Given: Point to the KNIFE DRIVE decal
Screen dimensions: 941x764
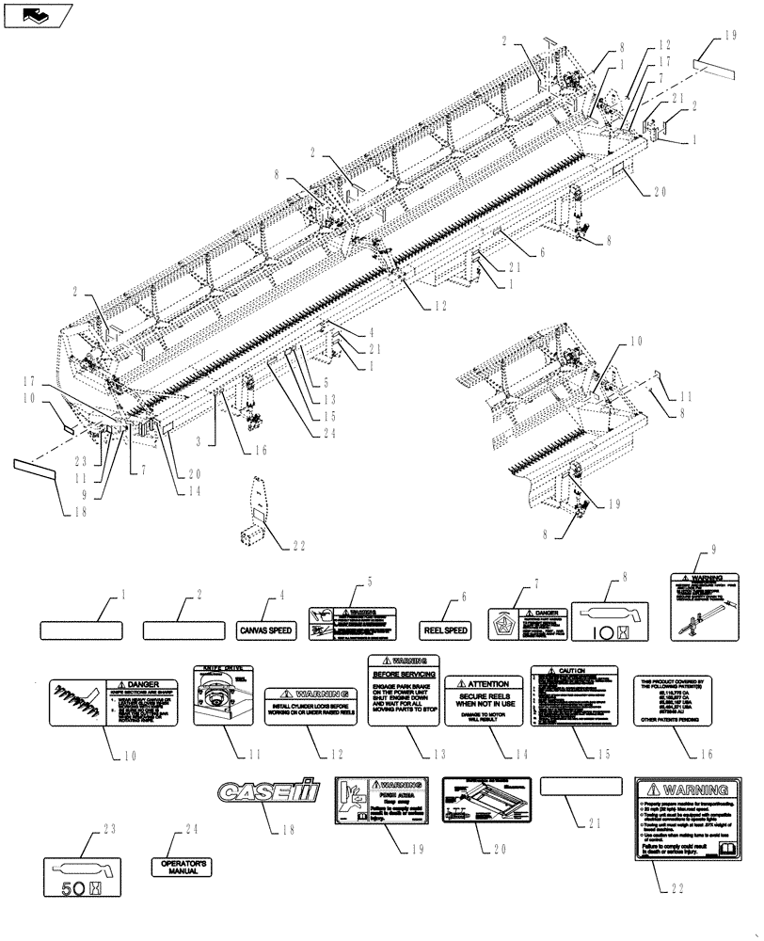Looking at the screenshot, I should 222,696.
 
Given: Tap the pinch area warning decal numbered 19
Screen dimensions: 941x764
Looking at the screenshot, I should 388,803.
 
